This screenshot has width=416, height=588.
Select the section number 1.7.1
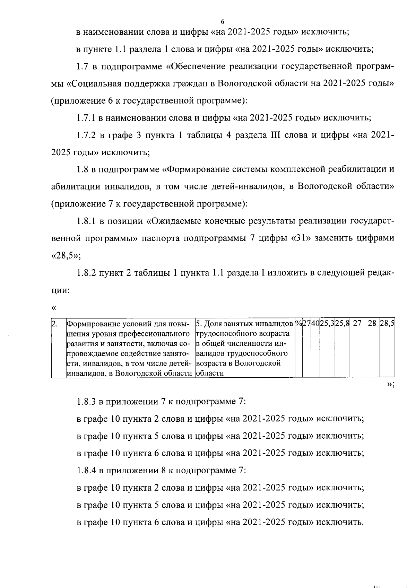[x=87, y=118]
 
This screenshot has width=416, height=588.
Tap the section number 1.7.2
[x=87, y=135]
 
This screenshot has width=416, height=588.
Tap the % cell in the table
[x=298, y=324]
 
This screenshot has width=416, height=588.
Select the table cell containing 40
[x=315, y=324]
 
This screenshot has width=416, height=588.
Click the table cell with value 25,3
[x=327, y=324]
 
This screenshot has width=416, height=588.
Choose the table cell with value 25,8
[x=342, y=324]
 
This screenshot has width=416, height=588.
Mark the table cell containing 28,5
[x=388, y=324]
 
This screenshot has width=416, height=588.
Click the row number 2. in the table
[x=54, y=324]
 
